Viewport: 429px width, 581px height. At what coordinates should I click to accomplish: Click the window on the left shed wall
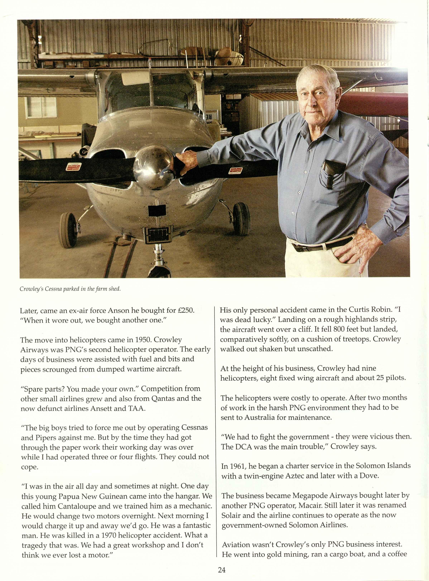click(42, 107)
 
